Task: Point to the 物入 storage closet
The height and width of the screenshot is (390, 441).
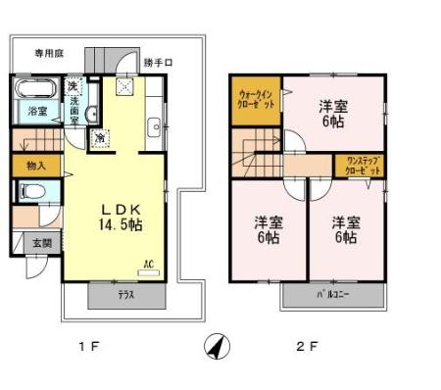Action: [x=36, y=168]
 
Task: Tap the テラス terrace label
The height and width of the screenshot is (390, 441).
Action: [x=126, y=295]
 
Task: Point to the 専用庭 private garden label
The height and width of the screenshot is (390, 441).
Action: [x=49, y=53]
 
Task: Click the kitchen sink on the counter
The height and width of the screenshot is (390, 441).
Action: [x=155, y=125]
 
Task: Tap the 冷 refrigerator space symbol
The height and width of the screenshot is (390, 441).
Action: [x=100, y=139]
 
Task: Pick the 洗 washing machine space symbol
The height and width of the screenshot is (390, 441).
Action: [x=73, y=87]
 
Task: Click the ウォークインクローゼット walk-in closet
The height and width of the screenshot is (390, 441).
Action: [x=258, y=101]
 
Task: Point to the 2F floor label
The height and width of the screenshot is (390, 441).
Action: [x=308, y=346]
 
